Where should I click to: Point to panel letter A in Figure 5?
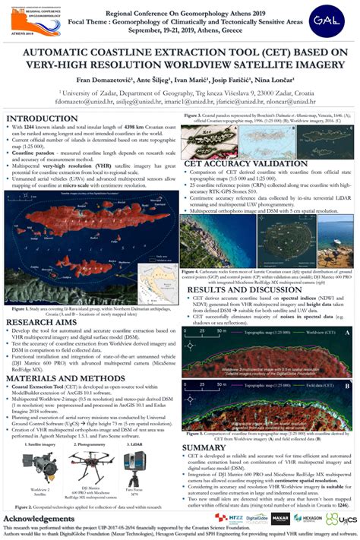pyautogui.click(x=346, y=332)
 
